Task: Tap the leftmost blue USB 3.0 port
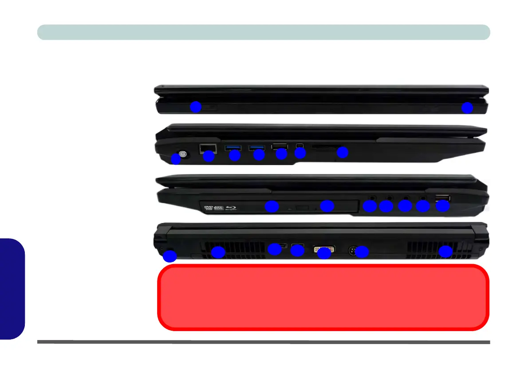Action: pyautogui.click(x=232, y=147)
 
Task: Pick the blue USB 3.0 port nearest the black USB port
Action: pyautogui.click(x=257, y=147)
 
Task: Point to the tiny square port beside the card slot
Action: pyautogui.click(x=300, y=146)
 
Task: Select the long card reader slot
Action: pyautogui.click(x=328, y=146)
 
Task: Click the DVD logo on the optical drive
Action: pyautogui.click(x=207, y=207)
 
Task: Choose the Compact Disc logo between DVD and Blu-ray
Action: pyautogui.click(x=219, y=207)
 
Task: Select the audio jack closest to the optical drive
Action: pyautogui.click(x=372, y=198)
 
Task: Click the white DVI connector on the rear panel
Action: pyautogui.click(x=324, y=249)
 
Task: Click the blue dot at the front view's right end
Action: pyautogui.click(x=467, y=107)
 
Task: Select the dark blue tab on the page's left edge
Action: pyautogui.click(x=12, y=289)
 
